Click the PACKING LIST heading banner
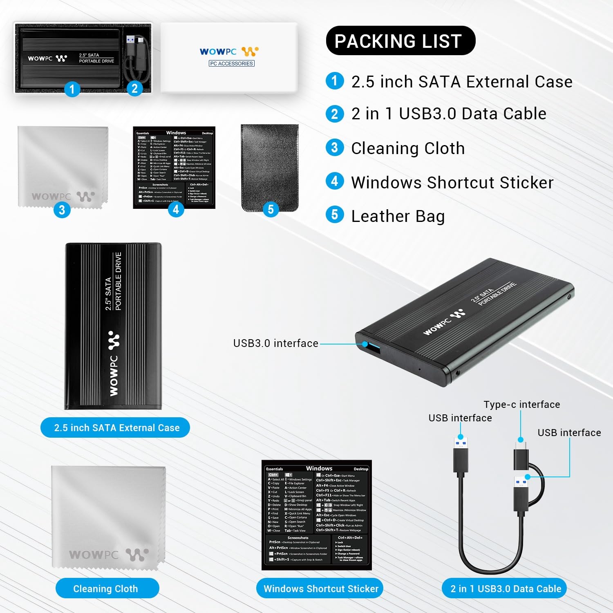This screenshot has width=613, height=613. coord(400,41)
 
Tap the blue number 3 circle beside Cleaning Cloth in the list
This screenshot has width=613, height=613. coord(335,148)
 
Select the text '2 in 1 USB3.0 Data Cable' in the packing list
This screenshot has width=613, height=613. coord(449,114)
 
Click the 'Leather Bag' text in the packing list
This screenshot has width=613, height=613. coord(398,216)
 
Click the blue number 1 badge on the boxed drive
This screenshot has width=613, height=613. coord(72,89)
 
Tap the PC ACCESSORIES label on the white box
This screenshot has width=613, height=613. coord(232,63)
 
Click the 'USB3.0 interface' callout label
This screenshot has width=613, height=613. coord(275,343)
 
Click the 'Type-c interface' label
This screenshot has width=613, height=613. coord(521,405)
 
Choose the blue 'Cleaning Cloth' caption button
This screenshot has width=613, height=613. coord(106,588)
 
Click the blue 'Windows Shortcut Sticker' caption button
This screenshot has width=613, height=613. coord(321,588)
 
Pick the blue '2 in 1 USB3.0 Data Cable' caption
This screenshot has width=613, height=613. coord(506,588)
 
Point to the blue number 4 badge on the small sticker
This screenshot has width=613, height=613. coord(176,209)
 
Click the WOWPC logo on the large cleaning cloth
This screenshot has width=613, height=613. coord(108,554)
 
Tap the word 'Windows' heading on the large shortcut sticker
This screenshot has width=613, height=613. coord(319,468)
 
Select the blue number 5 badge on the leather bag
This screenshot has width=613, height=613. coord(271,209)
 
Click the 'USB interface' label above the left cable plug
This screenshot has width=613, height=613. coord(460,418)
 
